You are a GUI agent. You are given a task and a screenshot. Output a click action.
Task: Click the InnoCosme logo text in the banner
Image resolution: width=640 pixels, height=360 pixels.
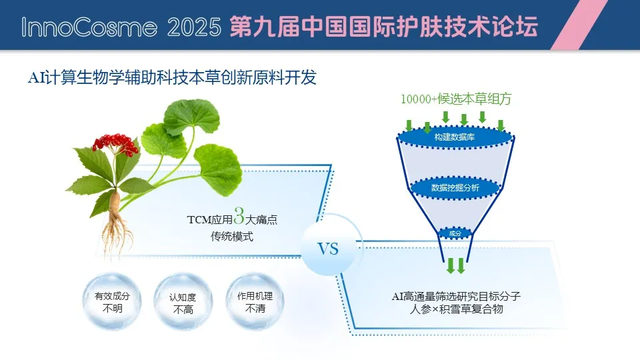tap(89, 27)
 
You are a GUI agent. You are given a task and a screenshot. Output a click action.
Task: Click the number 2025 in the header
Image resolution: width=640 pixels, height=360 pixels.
tap(194, 27)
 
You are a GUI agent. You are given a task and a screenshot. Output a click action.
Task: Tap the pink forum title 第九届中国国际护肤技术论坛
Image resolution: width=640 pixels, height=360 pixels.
tap(384, 27)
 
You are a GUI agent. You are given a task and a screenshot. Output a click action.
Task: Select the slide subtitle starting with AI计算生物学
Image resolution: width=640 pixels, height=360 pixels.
tap(172, 77)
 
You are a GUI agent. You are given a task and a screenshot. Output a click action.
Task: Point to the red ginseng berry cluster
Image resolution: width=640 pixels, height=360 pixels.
tap(116, 145)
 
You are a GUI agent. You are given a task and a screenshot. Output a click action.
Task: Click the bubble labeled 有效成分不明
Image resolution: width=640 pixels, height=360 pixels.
tap(112, 301)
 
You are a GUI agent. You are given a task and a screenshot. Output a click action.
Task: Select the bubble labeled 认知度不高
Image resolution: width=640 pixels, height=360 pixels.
tap(183, 302)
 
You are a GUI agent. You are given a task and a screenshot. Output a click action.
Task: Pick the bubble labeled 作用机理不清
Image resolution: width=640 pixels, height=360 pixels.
tap(255, 301)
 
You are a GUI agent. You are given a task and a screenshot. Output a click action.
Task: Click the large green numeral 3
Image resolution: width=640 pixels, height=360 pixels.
tap(239, 215)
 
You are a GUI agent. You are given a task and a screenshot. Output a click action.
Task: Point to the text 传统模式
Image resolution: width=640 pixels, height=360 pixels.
tap(232, 236)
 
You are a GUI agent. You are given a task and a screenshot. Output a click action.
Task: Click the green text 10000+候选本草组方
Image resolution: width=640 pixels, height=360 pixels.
tap(456, 99)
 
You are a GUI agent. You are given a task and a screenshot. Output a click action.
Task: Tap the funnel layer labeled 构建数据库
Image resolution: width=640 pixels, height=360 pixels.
tap(455, 137)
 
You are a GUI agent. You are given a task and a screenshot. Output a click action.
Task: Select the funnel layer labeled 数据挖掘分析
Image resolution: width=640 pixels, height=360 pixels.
tap(455, 188)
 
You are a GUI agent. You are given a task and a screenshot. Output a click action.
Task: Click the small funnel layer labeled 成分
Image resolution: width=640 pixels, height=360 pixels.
tap(455, 233)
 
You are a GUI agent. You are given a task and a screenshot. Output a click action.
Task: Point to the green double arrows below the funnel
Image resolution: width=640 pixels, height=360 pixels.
tap(456, 265)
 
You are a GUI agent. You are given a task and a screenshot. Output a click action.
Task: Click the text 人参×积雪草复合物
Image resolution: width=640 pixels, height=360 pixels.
tap(456, 309)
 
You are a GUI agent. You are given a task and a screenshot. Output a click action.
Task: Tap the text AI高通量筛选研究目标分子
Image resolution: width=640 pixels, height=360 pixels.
tap(456, 296)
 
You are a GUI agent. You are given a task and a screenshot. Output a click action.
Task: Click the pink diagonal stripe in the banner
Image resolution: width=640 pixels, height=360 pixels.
tap(579, 25)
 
